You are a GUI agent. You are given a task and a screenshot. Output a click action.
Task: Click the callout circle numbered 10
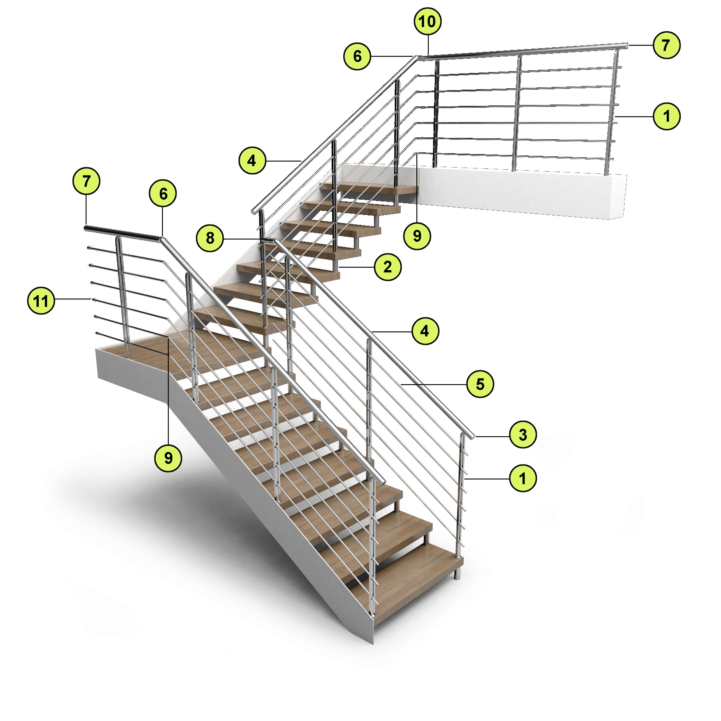coord(428,21)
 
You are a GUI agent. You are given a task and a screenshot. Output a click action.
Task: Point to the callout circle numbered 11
coord(41,300)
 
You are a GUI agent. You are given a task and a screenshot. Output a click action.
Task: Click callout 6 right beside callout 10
coord(357,56)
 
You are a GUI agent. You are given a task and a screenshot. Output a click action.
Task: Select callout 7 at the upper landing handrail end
coord(666,45)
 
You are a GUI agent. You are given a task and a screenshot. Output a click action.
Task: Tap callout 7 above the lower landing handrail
coord(86,181)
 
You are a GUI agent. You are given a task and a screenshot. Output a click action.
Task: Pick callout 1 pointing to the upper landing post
coord(666,116)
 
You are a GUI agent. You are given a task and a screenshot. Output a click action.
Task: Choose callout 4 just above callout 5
coord(425,331)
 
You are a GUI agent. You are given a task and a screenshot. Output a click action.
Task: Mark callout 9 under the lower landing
coord(168,458)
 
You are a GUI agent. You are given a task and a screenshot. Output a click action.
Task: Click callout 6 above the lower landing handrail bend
coord(163,194)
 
